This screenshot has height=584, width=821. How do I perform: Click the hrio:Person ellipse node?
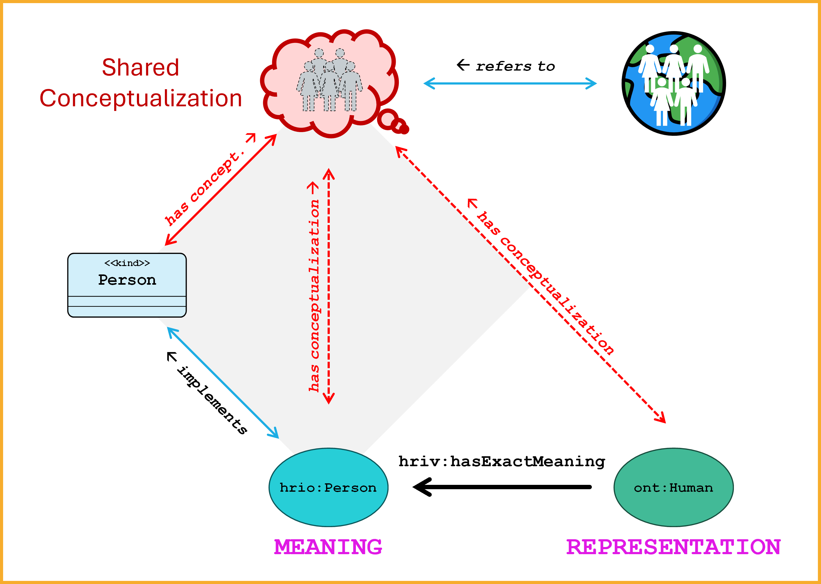(328, 487)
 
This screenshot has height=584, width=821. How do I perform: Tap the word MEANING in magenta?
(328, 547)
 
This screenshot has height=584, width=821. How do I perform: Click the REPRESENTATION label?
(673, 547)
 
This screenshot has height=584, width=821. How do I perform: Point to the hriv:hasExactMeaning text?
(502, 461)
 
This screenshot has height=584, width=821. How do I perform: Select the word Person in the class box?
(127, 280)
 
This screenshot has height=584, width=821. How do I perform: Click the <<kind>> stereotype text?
(127, 263)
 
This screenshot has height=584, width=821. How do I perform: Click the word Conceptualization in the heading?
(140, 98)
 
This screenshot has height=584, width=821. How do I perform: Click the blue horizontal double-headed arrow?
(510, 83)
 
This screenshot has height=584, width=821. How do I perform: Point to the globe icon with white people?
(674, 83)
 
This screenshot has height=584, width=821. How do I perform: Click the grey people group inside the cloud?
(329, 81)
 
